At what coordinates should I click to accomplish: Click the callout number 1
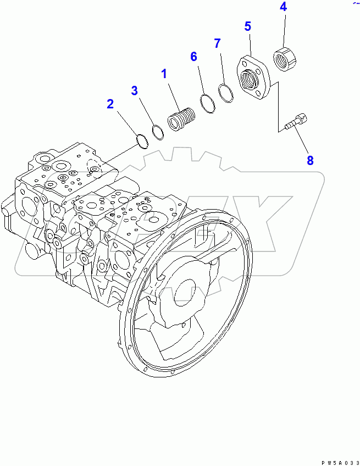pos(164,73)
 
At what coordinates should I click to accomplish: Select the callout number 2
pos(110,103)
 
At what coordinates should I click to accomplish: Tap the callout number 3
pos(134,91)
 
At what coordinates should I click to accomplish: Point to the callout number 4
pos(283,7)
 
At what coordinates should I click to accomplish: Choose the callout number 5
pos(248,26)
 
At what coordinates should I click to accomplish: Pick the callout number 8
pos(310,161)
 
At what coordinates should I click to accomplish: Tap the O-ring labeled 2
pos(142,141)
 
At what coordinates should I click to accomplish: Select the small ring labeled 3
pos(157,132)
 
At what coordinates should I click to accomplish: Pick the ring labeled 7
pos(225,91)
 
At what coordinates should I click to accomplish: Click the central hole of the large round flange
pos(185,291)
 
